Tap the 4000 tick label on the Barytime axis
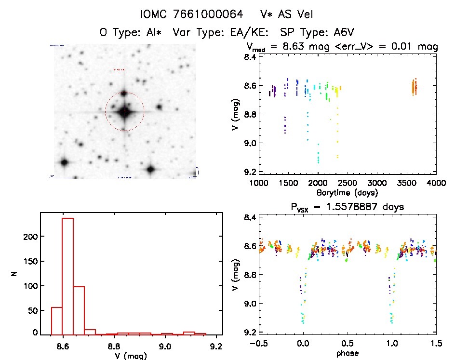[436, 183]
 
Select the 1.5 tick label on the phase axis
[436, 344]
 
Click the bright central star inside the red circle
[125, 112]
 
